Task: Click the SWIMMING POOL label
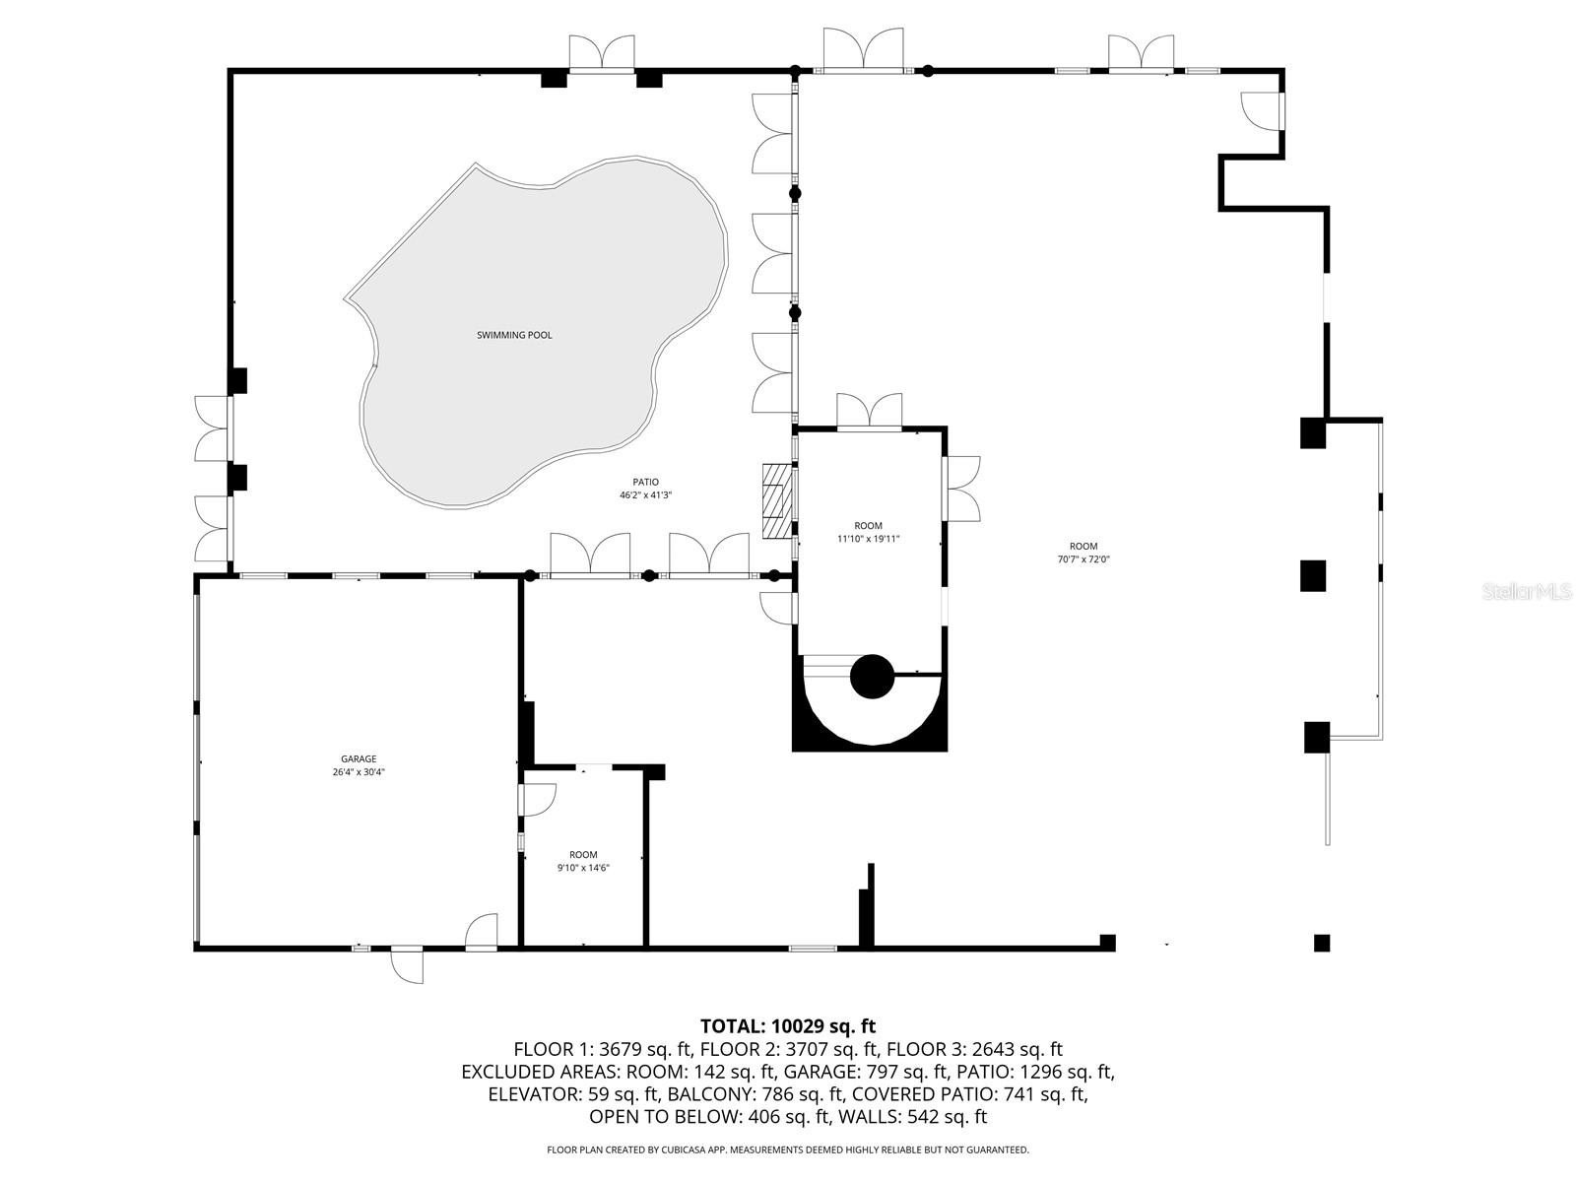[x=514, y=335]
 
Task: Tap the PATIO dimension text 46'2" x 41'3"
[x=645, y=495]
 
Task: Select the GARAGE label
[x=359, y=758]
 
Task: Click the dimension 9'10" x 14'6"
[x=583, y=868]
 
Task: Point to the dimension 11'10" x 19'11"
[x=868, y=539]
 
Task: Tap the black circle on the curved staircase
[x=872, y=677]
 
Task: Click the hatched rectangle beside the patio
[x=777, y=501]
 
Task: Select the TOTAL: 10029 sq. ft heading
[x=787, y=1026]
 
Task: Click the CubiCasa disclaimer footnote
[x=787, y=1149]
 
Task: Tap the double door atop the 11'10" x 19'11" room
[x=869, y=411]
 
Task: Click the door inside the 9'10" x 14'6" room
[x=538, y=799]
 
